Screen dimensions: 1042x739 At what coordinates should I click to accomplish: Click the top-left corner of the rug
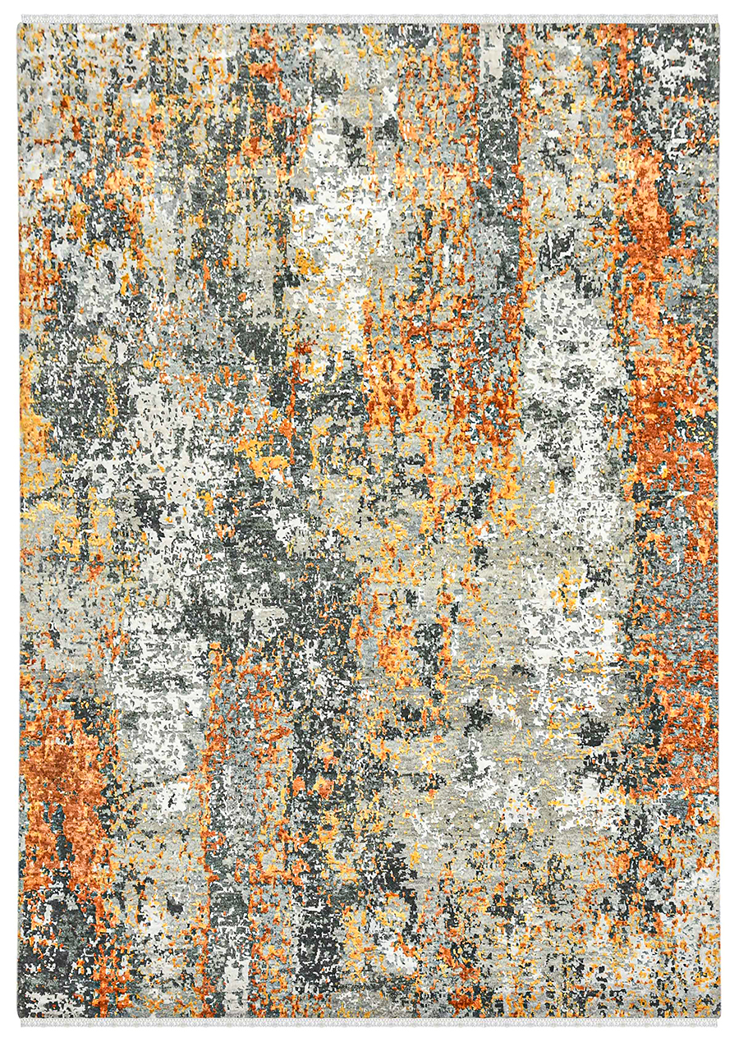click(20, 23)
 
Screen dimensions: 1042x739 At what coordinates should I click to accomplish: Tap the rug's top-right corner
click(718, 23)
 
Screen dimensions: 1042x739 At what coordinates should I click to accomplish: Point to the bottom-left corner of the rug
click(20, 1018)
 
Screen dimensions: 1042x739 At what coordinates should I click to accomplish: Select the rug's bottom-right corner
click(718, 1018)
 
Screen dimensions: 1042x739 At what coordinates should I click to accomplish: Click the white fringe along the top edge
click(369, 18)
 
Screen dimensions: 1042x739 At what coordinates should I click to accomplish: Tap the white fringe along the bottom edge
click(369, 1023)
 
